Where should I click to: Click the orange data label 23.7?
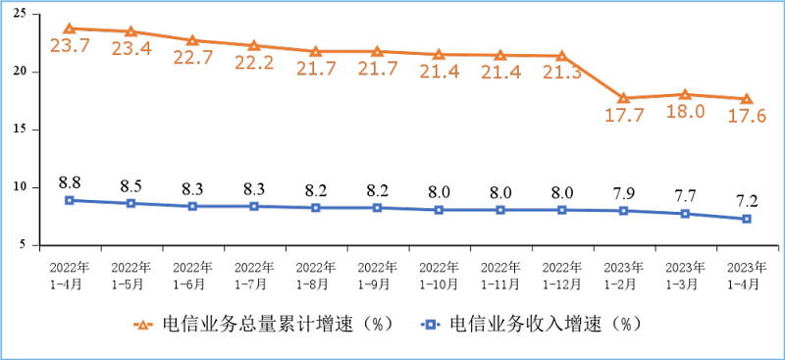point(70,46)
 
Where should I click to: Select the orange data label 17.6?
point(747,116)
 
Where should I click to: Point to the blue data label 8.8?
point(70,181)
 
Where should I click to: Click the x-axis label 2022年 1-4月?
point(70,274)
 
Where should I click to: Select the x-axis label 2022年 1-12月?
point(562,274)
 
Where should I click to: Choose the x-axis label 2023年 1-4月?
point(747,274)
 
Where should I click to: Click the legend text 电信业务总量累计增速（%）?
point(278,324)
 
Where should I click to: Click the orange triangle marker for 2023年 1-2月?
point(623,98)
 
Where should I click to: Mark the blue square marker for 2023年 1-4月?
point(747,219)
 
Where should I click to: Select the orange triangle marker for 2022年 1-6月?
point(192,40)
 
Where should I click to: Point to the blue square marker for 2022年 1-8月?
point(316,207)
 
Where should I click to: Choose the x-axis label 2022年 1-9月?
point(377,274)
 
